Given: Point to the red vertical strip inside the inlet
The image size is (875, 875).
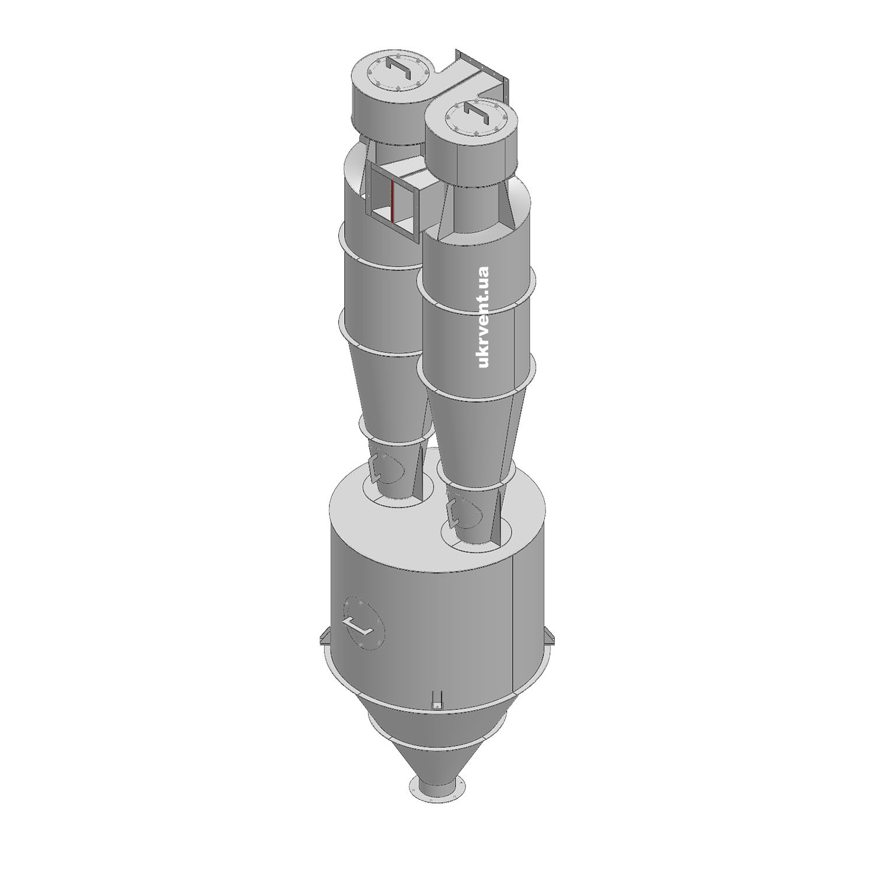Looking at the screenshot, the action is point(393,201).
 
